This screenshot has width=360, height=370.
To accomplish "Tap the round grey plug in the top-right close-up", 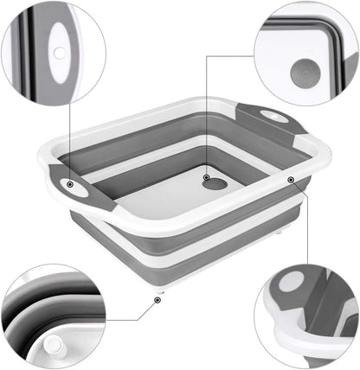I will point(306,69).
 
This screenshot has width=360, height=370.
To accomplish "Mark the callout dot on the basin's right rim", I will point(292,181).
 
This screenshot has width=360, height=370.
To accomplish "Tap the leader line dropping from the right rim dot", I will point(292,225).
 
